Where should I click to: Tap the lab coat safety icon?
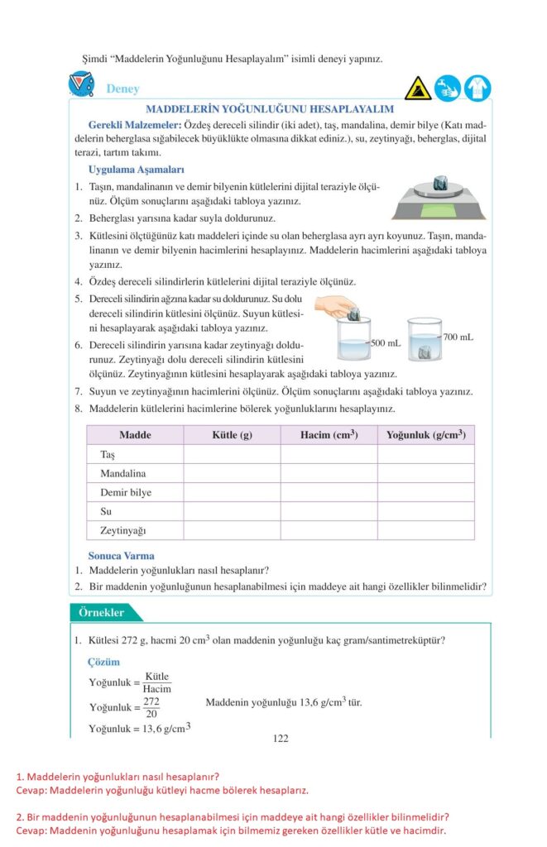(477, 88)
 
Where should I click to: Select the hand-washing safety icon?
(447, 88)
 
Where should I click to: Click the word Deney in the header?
(122, 89)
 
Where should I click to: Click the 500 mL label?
(385, 342)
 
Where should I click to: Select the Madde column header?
(135, 435)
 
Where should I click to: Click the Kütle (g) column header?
(232, 435)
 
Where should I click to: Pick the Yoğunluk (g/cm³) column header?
(425, 435)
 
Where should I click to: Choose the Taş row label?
(107, 455)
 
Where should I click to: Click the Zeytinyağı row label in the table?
(118, 530)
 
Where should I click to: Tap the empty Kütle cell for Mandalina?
(232, 474)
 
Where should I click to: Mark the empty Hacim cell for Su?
(329, 511)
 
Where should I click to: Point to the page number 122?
(281, 739)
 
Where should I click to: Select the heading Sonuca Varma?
(122, 556)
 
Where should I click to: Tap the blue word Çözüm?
(104, 663)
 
